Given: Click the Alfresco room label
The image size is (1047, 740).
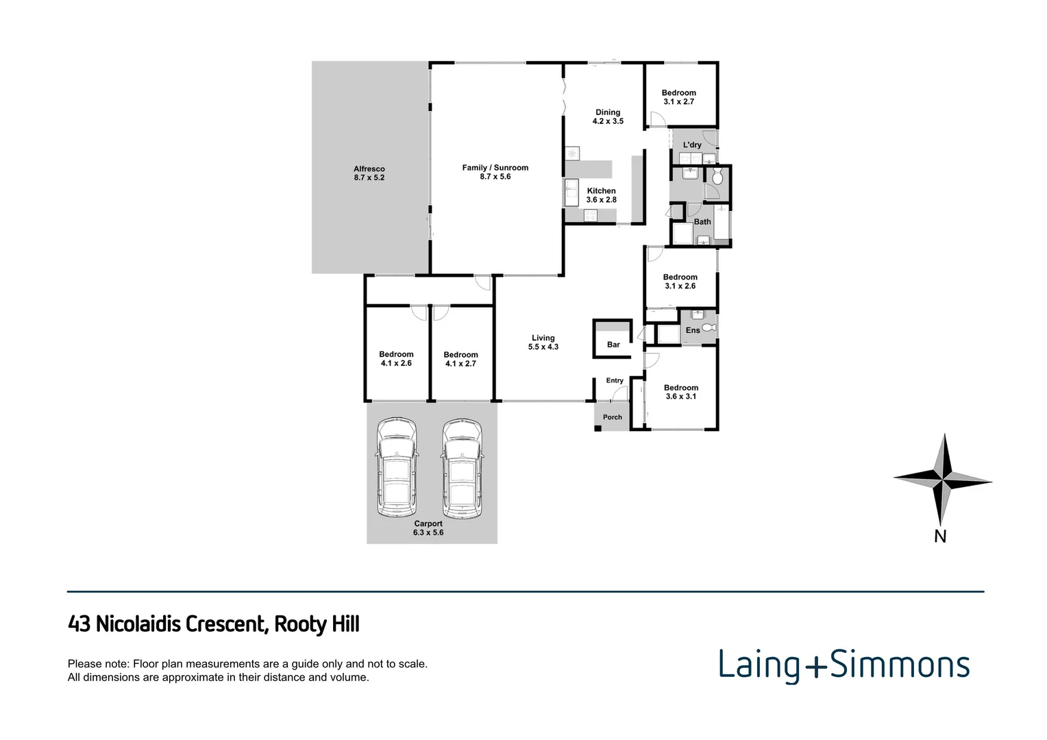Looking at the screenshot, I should click(369, 173).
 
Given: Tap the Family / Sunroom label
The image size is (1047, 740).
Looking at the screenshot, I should click(495, 172).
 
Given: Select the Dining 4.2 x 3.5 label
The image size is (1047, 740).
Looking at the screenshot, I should click(608, 116).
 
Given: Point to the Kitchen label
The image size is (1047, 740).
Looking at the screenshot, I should click(601, 195).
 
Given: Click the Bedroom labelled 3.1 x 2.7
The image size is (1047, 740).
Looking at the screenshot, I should click(678, 97).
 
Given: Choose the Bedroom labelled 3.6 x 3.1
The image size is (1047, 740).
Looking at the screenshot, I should click(680, 392).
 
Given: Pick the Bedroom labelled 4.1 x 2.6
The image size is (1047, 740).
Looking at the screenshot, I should click(396, 359).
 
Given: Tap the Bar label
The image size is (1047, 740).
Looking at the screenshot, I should click(613, 345).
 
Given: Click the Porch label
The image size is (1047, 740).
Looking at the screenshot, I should click(613, 417).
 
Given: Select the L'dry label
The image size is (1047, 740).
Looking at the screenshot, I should click(692, 145).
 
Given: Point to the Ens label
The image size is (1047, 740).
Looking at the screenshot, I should click(693, 330).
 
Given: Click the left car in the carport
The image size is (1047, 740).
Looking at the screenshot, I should click(397, 469).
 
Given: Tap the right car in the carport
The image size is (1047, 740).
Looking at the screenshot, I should click(462, 469).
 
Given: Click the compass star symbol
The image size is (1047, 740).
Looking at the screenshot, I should click(943, 478).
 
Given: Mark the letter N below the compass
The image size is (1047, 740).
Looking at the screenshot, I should click(940, 537).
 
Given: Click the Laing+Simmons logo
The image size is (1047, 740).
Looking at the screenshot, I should click(843, 665).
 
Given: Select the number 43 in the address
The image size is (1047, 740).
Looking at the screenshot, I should click(79, 624).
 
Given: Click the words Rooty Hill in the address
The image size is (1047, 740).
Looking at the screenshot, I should click(317, 624).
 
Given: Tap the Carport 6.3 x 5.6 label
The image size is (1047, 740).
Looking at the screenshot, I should click(428, 528).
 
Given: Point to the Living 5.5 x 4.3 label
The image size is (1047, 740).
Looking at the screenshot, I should click(543, 343).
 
